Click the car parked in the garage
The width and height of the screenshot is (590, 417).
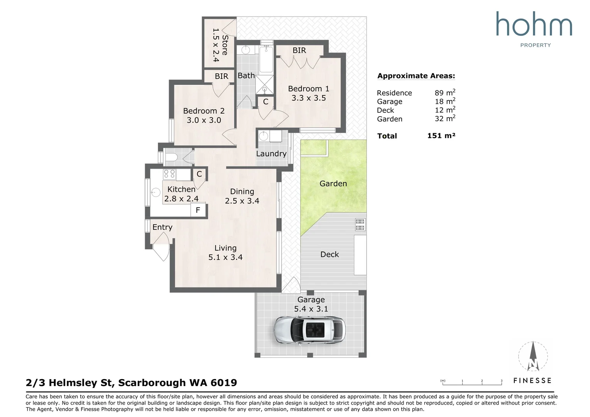(x=309, y=330)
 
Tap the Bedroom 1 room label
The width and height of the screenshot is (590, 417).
(x=308, y=88)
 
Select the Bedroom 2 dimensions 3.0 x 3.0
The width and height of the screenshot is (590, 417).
(x=204, y=120)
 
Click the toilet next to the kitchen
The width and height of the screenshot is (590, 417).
(x=171, y=158)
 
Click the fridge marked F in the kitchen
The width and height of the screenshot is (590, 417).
(x=198, y=210)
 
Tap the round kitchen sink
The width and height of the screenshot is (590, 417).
(x=156, y=192)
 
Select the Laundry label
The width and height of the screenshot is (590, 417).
(x=271, y=154)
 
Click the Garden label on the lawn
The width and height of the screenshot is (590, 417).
(x=333, y=183)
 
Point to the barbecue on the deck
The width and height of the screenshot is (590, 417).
(x=360, y=225)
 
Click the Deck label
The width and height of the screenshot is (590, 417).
(x=330, y=254)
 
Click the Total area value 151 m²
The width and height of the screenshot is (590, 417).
(x=441, y=136)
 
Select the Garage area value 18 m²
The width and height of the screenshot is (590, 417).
(x=445, y=101)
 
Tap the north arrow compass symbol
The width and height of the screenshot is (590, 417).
(x=533, y=356)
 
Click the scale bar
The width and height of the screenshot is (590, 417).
(x=472, y=383)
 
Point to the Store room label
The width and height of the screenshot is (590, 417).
(x=225, y=45)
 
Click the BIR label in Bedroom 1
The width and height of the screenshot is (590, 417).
(x=299, y=50)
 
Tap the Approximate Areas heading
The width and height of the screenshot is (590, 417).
(x=416, y=76)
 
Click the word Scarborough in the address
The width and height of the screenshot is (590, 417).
(x=152, y=383)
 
